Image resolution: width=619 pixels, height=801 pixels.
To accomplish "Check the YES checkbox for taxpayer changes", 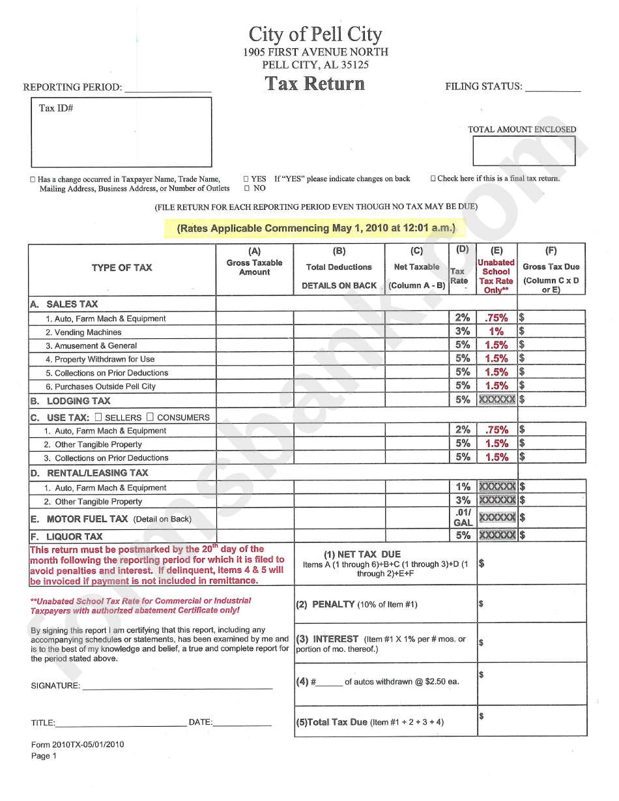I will click(246, 179).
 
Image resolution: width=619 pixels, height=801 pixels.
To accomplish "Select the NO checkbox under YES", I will click(246, 188).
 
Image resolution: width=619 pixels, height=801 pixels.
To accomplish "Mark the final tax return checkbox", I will click(433, 179).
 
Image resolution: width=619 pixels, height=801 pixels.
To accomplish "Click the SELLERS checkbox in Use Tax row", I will click(98, 416).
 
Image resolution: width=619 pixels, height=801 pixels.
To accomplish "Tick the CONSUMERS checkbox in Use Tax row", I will click(150, 416).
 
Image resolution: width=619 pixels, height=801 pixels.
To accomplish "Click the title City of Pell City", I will click(315, 34).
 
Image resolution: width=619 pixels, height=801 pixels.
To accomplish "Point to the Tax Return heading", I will click(315, 83).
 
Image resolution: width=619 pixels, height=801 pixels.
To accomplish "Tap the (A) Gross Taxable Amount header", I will click(254, 261).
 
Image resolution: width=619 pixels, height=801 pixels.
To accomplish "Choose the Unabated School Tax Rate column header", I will click(496, 276).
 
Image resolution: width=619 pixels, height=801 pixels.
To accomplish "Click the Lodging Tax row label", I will click(78, 401).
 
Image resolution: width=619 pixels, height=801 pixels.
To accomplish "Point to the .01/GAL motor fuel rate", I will click(463, 517).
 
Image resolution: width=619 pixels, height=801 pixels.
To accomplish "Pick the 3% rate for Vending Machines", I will click(463, 331).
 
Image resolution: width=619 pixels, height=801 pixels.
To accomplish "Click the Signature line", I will click(177, 686).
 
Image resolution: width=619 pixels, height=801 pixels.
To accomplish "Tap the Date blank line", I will click(242, 723).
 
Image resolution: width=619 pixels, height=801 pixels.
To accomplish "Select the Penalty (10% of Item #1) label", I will click(356, 604).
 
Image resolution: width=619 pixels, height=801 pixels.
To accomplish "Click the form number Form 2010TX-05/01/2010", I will click(78, 744).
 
